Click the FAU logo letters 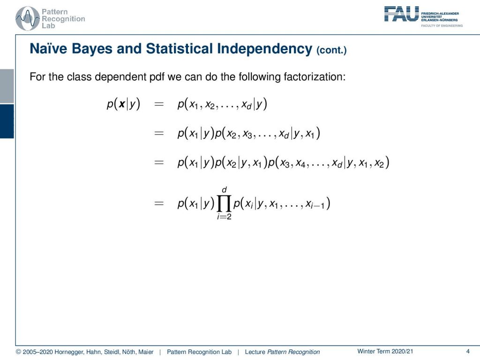click(401, 14)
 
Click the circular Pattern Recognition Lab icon click(28, 18)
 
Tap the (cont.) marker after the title click(331, 50)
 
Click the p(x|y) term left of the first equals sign click(123, 105)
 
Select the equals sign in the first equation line click(159, 105)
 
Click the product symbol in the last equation click(224, 203)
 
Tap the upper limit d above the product click(224, 190)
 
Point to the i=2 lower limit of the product click(224, 217)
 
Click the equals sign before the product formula click(159, 203)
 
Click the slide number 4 click(468, 352)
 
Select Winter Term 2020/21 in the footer click(385, 352)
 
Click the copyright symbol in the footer click(18, 352)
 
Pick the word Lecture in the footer click(255, 352)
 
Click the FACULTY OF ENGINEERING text click(442, 26)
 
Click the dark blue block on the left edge click(7, 121)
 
